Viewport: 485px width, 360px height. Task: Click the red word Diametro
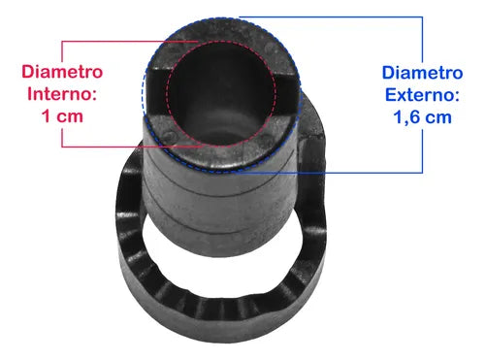click(62, 72)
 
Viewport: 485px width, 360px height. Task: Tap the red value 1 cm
click(62, 116)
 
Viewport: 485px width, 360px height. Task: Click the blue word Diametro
click(422, 73)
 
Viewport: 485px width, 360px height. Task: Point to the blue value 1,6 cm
click(422, 117)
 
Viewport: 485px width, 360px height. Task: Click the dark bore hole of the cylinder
click(221, 94)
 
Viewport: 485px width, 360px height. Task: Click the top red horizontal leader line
click(129, 42)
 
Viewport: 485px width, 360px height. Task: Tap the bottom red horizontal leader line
click(133, 147)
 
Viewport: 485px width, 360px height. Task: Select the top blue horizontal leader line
click(331, 16)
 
